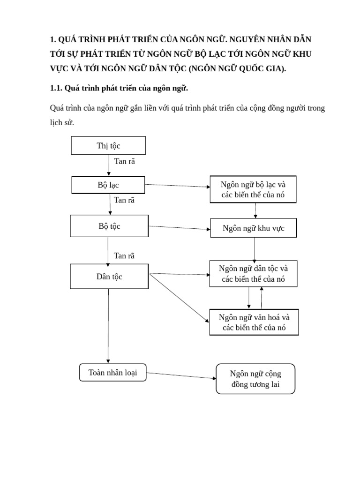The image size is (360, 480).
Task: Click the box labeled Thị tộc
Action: click(108, 145)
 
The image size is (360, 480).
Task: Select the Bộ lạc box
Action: click(108, 185)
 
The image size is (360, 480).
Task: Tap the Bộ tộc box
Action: click(109, 226)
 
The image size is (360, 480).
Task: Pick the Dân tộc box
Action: click(109, 277)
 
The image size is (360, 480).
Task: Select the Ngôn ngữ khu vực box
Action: click(253, 228)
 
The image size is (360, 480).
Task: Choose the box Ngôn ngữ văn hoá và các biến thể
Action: click(254, 322)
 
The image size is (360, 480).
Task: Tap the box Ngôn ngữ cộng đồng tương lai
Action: click(255, 379)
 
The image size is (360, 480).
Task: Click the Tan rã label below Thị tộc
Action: click(124, 161)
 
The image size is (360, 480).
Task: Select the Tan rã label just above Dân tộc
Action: click(124, 255)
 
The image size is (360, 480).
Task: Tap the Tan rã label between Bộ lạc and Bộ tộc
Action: click(124, 200)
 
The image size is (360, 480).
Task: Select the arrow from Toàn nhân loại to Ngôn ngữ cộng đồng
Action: click(180, 376)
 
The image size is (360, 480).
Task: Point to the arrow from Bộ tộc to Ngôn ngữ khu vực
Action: click(179, 228)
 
